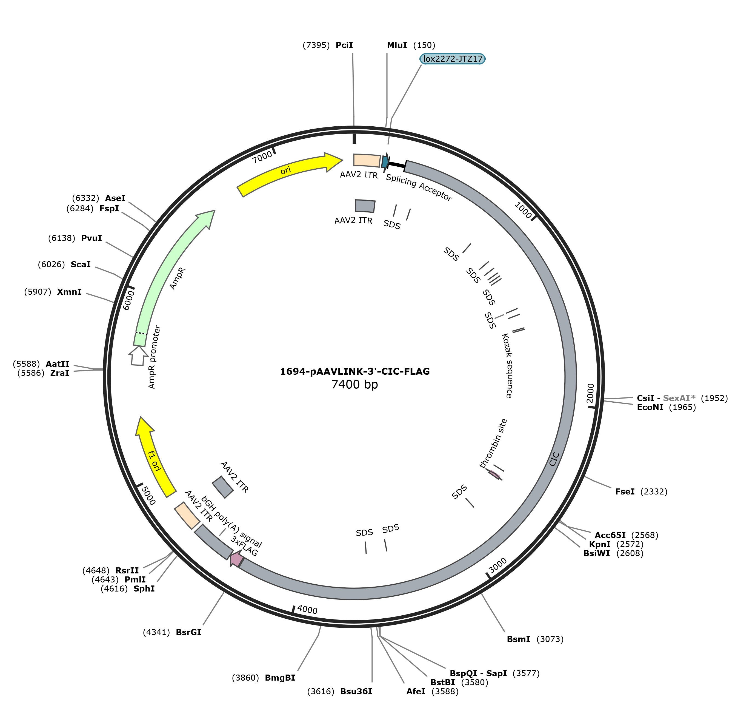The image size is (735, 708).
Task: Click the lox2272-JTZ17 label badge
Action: (x=453, y=59)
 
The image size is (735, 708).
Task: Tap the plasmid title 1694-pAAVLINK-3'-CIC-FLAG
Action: (x=355, y=371)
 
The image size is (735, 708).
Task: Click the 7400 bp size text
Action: (x=355, y=385)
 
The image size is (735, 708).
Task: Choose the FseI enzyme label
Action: (x=625, y=491)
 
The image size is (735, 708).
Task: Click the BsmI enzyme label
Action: (x=519, y=639)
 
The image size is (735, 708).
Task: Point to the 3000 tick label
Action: (x=498, y=565)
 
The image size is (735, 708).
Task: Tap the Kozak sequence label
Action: (x=507, y=365)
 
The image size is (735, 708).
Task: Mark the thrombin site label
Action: (x=493, y=443)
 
